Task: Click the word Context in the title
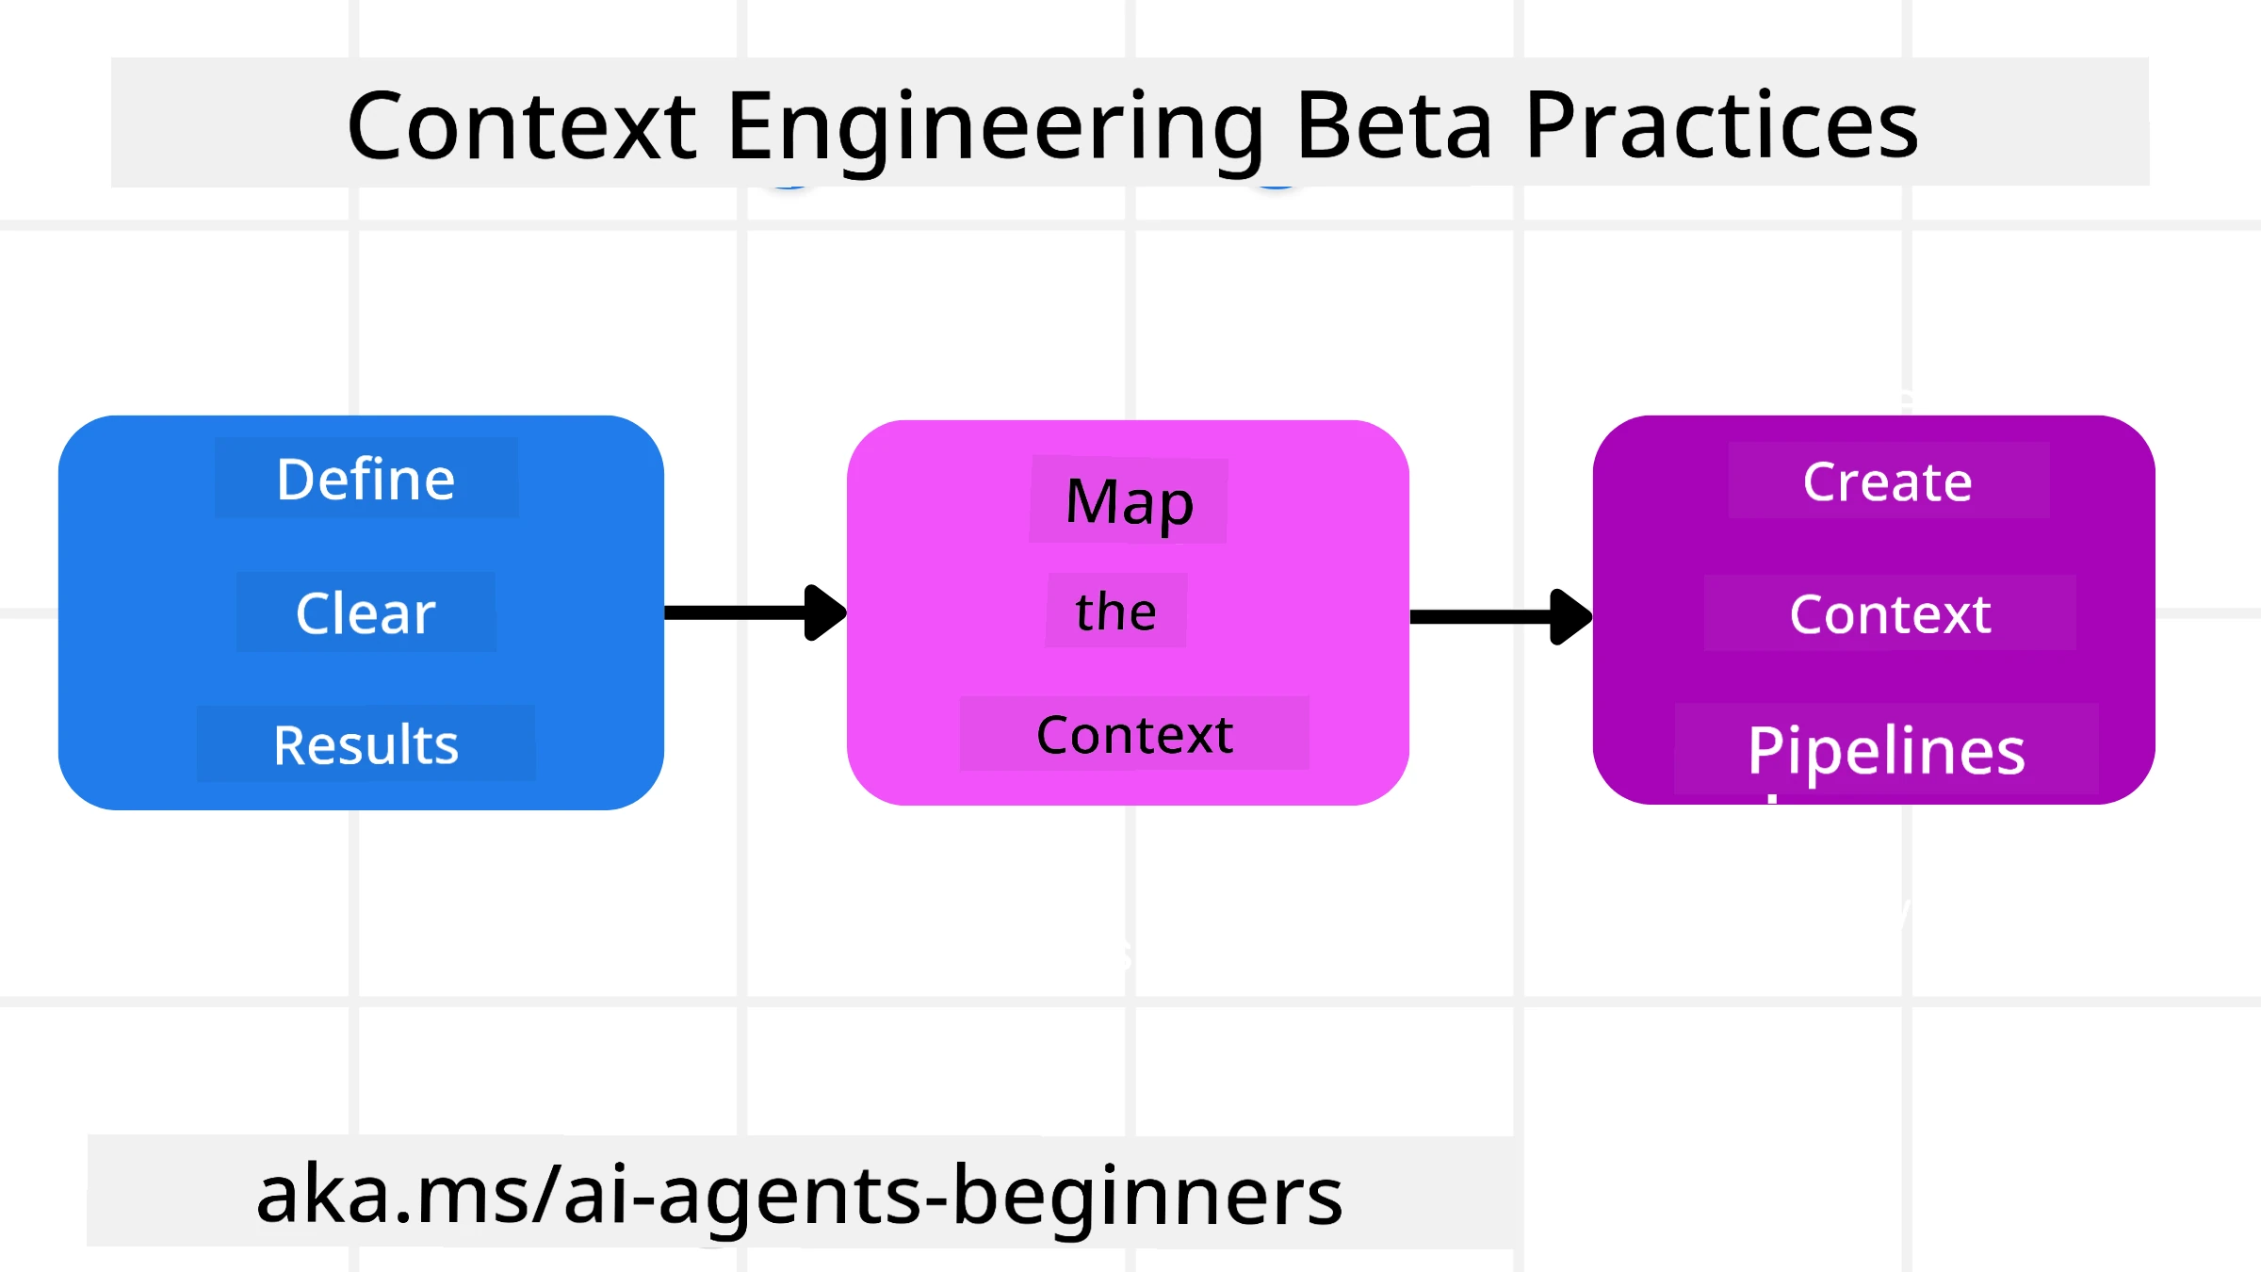521,125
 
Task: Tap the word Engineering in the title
995,127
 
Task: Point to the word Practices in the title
1720,125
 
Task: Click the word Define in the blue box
366,479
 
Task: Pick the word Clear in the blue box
366,613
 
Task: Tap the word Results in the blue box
366,745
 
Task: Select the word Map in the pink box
1129,501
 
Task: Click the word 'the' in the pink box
1115,612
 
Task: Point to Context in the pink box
1134,735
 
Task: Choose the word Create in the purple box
1887,482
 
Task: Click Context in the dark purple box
1890,614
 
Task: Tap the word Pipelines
1886,751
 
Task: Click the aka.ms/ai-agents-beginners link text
799,1195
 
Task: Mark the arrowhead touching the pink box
825,612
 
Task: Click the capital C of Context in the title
379,125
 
